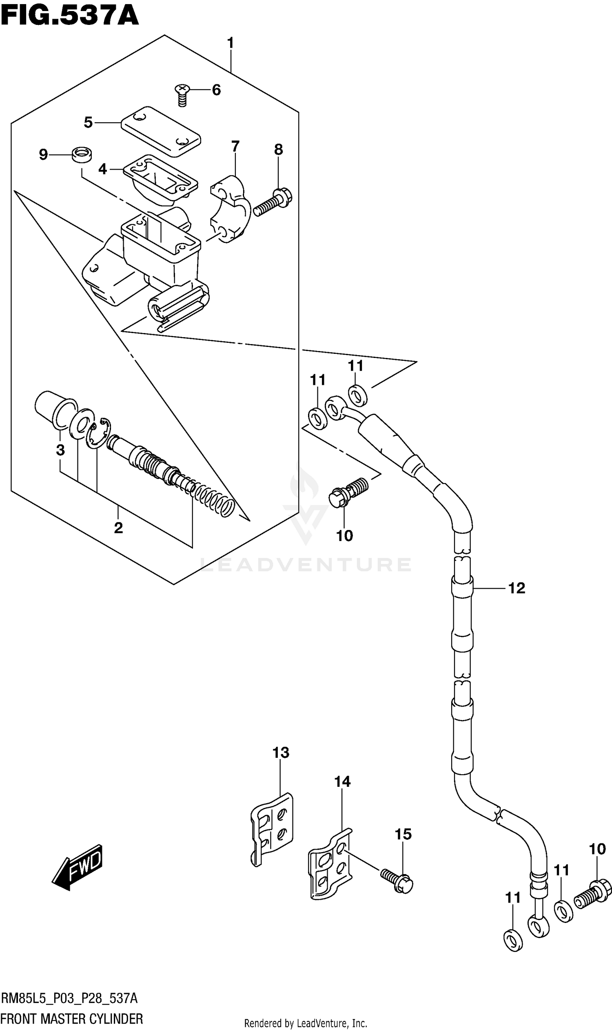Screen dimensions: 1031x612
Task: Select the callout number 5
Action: coord(88,122)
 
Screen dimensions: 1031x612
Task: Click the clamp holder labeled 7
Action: coord(231,208)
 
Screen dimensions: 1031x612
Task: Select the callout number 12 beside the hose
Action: coord(516,588)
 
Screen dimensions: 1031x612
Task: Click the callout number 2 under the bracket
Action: coord(118,528)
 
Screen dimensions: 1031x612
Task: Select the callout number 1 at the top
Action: coord(230,42)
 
